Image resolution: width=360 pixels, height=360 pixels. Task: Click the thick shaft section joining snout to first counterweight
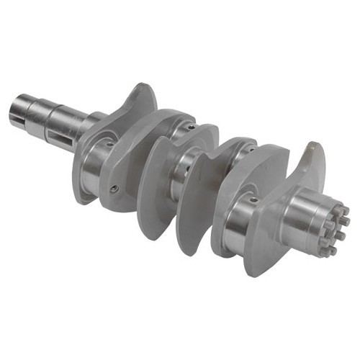(x=94, y=122)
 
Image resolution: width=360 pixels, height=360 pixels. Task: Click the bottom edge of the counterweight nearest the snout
(x=86, y=194)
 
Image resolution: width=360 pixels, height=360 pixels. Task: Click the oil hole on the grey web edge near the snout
(x=114, y=189)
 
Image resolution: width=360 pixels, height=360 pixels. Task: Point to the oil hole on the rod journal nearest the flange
(x=253, y=199)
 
